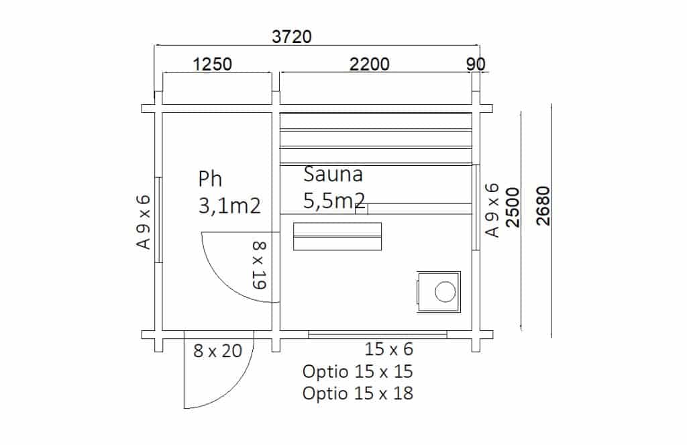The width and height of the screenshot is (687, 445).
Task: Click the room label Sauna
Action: (x=333, y=175)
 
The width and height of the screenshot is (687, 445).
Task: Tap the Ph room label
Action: (x=210, y=179)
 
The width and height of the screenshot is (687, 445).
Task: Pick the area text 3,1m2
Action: (x=229, y=205)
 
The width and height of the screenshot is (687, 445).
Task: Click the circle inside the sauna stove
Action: (x=444, y=292)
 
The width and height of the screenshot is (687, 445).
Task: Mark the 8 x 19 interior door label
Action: (x=260, y=266)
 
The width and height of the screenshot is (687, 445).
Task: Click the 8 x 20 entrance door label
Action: (x=217, y=350)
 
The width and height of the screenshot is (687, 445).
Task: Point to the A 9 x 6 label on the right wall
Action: (x=492, y=210)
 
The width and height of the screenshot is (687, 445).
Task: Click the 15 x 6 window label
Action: (x=389, y=349)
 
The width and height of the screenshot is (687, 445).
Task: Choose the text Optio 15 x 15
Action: (x=358, y=371)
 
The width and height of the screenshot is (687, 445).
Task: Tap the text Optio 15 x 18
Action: (x=358, y=393)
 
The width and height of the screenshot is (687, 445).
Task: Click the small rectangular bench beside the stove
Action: (x=337, y=236)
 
